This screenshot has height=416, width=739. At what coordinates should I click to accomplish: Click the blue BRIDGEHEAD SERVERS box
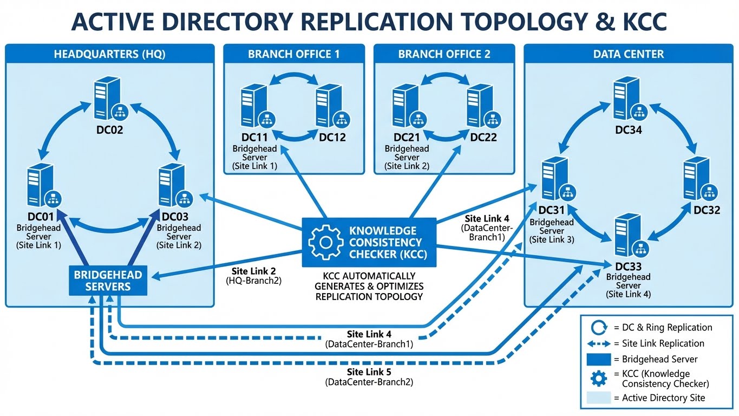click(108, 281)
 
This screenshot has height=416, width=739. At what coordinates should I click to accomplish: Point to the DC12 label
click(332, 138)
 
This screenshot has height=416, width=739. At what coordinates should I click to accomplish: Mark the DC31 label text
click(551, 210)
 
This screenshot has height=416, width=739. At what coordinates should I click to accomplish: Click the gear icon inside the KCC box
click(325, 242)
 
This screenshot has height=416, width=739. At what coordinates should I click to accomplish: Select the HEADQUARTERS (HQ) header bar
click(109, 54)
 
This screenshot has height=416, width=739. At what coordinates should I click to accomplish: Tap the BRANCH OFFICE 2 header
click(444, 54)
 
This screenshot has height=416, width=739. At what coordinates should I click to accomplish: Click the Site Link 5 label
click(369, 372)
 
